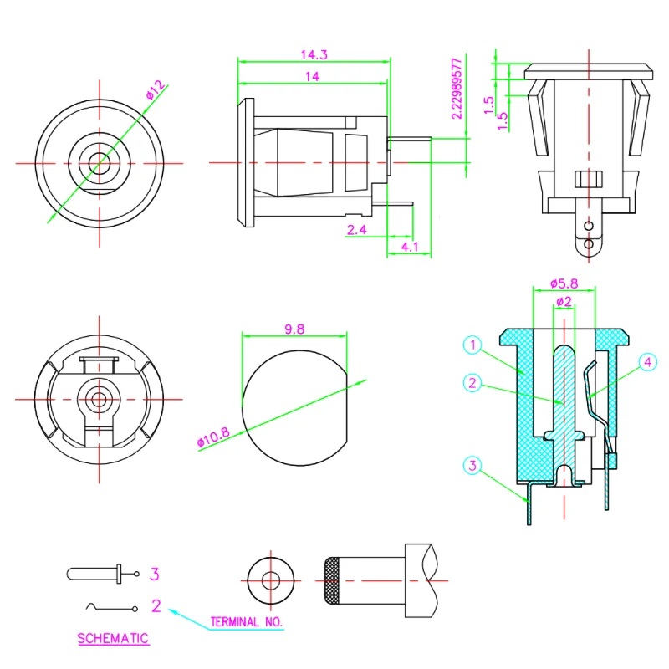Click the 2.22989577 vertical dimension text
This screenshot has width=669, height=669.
[x=456, y=89]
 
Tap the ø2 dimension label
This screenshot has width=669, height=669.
[x=563, y=301]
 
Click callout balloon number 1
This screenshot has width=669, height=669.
[x=473, y=345]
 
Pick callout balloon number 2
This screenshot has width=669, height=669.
[x=473, y=383]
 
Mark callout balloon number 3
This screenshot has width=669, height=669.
[x=473, y=465]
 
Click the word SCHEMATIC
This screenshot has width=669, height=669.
[x=113, y=638]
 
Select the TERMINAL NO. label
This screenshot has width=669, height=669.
[x=247, y=622]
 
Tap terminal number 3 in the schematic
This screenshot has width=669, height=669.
[x=155, y=574]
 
